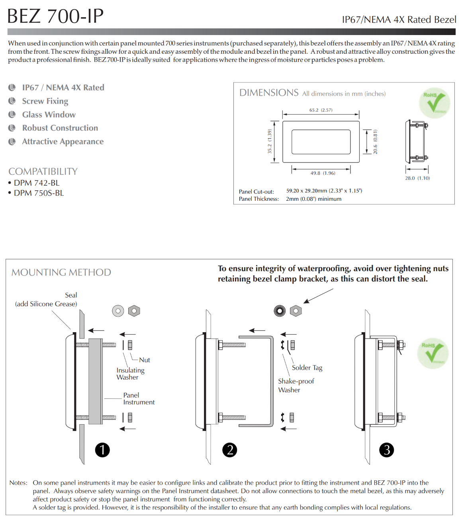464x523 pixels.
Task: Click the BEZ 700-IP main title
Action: (x=55, y=16)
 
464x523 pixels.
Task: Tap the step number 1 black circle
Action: (x=102, y=450)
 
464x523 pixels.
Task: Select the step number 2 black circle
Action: (x=229, y=450)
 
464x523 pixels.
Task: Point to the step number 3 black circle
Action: (x=386, y=450)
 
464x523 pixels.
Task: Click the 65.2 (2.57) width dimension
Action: (x=321, y=110)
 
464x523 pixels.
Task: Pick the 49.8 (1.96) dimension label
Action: (x=323, y=173)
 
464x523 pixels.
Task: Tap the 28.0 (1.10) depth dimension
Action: (x=417, y=178)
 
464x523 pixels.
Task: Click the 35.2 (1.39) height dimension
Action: (x=270, y=141)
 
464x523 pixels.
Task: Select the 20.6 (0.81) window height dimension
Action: (x=375, y=142)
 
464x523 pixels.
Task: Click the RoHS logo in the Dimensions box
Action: (x=435, y=103)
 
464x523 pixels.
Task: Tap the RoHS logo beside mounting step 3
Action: (x=433, y=353)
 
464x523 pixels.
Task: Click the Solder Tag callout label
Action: (x=307, y=368)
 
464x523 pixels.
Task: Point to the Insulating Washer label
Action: (x=130, y=374)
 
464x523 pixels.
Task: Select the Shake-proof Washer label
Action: (x=296, y=386)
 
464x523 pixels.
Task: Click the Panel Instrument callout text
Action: (x=139, y=399)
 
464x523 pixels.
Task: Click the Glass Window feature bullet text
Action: (x=49, y=114)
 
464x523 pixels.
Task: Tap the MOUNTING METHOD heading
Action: (x=61, y=272)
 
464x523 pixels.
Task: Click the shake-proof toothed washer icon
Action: (x=280, y=311)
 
